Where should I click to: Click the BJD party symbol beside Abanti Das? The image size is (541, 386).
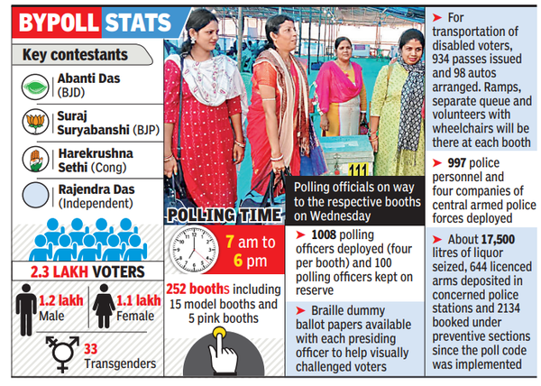pyautogui.click(x=37, y=87)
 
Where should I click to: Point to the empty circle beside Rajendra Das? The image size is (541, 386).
pyautogui.click(x=37, y=198)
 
